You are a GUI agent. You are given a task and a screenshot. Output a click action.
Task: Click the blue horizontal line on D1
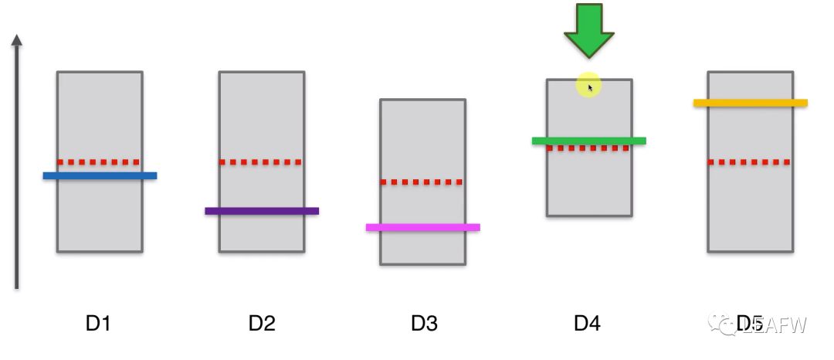[x=100, y=176]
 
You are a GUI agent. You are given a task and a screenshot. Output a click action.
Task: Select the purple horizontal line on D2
[x=262, y=211]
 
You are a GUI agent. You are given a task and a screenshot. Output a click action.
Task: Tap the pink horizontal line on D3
[x=423, y=227]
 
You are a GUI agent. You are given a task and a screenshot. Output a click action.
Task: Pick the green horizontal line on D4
[x=588, y=141]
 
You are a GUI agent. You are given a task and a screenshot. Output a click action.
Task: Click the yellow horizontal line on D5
[x=750, y=103]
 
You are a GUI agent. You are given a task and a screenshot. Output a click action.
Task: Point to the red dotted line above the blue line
[x=100, y=162]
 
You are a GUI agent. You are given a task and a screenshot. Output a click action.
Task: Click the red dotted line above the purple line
[x=262, y=162]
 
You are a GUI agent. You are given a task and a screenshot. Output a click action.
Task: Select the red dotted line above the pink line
[x=423, y=182]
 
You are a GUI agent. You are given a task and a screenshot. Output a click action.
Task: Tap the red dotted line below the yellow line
[x=750, y=162]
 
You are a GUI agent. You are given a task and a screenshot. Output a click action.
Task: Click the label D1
[x=98, y=324]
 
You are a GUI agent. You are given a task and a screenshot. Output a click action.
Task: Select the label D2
[x=262, y=324]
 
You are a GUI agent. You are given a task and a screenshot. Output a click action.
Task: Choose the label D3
[x=424, y=324]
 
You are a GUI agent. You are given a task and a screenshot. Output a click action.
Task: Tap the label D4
[x=587, y=324]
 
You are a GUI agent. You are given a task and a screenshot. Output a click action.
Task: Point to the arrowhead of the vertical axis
[x=17, y=40]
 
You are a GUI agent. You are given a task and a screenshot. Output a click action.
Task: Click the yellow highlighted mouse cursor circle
[x=588, y=86]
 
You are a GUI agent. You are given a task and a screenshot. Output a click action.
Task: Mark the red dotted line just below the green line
[x=588, y=148]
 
